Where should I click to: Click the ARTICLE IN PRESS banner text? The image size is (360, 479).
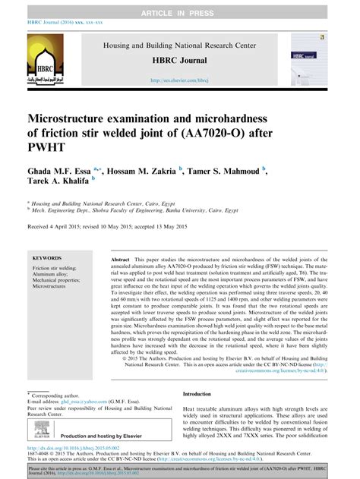click(x=180, y=6)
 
